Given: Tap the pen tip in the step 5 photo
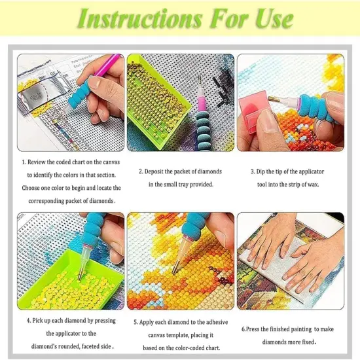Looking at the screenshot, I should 175,268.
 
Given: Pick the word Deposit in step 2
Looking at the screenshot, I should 159,171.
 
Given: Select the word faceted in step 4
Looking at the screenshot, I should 91,346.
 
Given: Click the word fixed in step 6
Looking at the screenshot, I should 308,342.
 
